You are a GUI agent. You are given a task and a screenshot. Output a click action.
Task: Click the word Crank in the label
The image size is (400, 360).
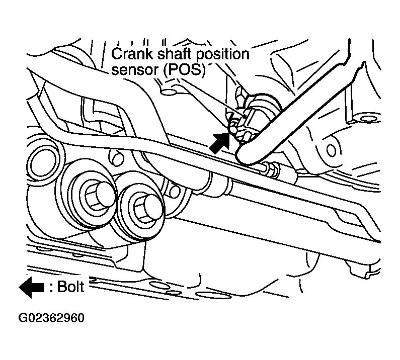pos(132,54)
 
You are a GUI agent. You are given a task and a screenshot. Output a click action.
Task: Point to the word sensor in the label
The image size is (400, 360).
pos(135,69)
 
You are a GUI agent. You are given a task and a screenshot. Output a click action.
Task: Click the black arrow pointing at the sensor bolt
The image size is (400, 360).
pos(219,143)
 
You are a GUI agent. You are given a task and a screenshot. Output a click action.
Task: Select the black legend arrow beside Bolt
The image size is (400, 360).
pos(32,287)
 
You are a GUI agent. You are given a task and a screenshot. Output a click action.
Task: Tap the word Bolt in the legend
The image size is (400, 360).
pos(70,287)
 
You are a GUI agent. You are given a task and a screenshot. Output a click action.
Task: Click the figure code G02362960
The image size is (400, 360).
pos(51,318)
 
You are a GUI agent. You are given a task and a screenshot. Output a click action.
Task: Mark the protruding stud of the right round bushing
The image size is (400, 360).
pos(152,207)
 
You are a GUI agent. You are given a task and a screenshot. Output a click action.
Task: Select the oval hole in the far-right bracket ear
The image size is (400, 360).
pos(331,150)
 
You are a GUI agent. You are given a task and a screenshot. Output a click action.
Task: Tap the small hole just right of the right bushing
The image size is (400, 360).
pos(175,192)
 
